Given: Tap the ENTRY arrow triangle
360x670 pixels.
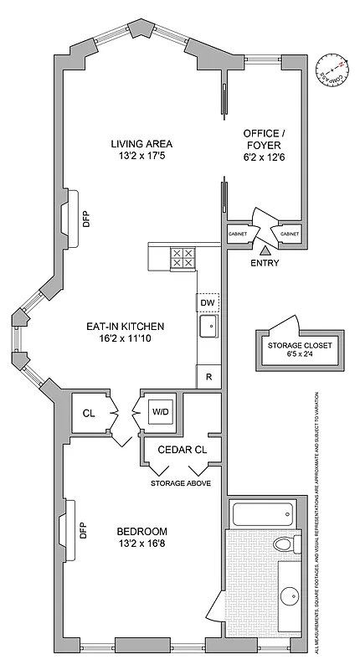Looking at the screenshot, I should point(265,249).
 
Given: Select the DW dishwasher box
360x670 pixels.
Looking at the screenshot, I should point(207,302).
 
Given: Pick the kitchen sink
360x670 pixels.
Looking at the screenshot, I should point(208,326).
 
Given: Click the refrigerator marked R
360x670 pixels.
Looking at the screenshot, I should point(207,376).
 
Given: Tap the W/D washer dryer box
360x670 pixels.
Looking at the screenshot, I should point(161,411).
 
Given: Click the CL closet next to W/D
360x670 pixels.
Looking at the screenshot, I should point(89,412).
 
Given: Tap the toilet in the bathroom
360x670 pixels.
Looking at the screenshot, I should point(285,544).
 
